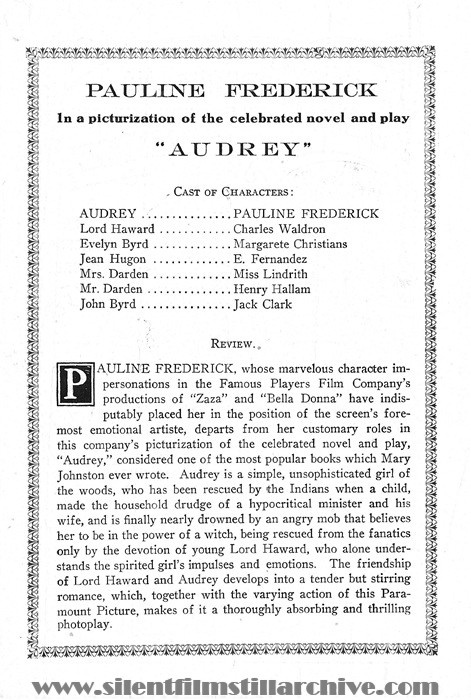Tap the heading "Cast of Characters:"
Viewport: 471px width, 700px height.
(x=234, y=191)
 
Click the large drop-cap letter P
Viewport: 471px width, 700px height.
(x=72, y=383)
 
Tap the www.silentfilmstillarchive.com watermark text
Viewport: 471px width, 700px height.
(x=235, y=684)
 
